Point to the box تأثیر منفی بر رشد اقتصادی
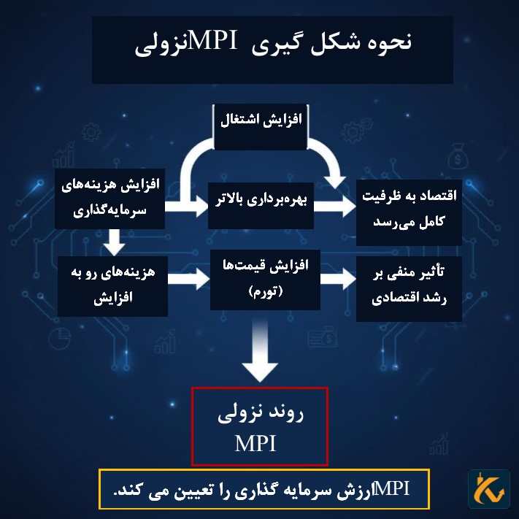[x=409, y=289]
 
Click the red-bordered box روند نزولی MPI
[x=259, y=427]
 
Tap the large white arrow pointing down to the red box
[x=261, y=354]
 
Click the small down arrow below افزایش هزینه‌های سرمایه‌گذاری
[x=112, y=238]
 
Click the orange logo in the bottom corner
[x=488, y=489]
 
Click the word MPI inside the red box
[x=255, y=443]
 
